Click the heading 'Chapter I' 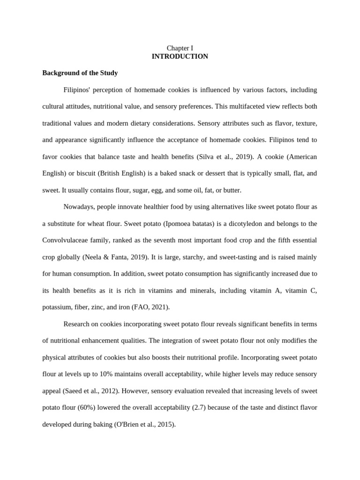click(180, 48)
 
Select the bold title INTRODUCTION click(180, 56)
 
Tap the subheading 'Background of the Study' click(80, 73)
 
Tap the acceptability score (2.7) click(199, 407)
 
